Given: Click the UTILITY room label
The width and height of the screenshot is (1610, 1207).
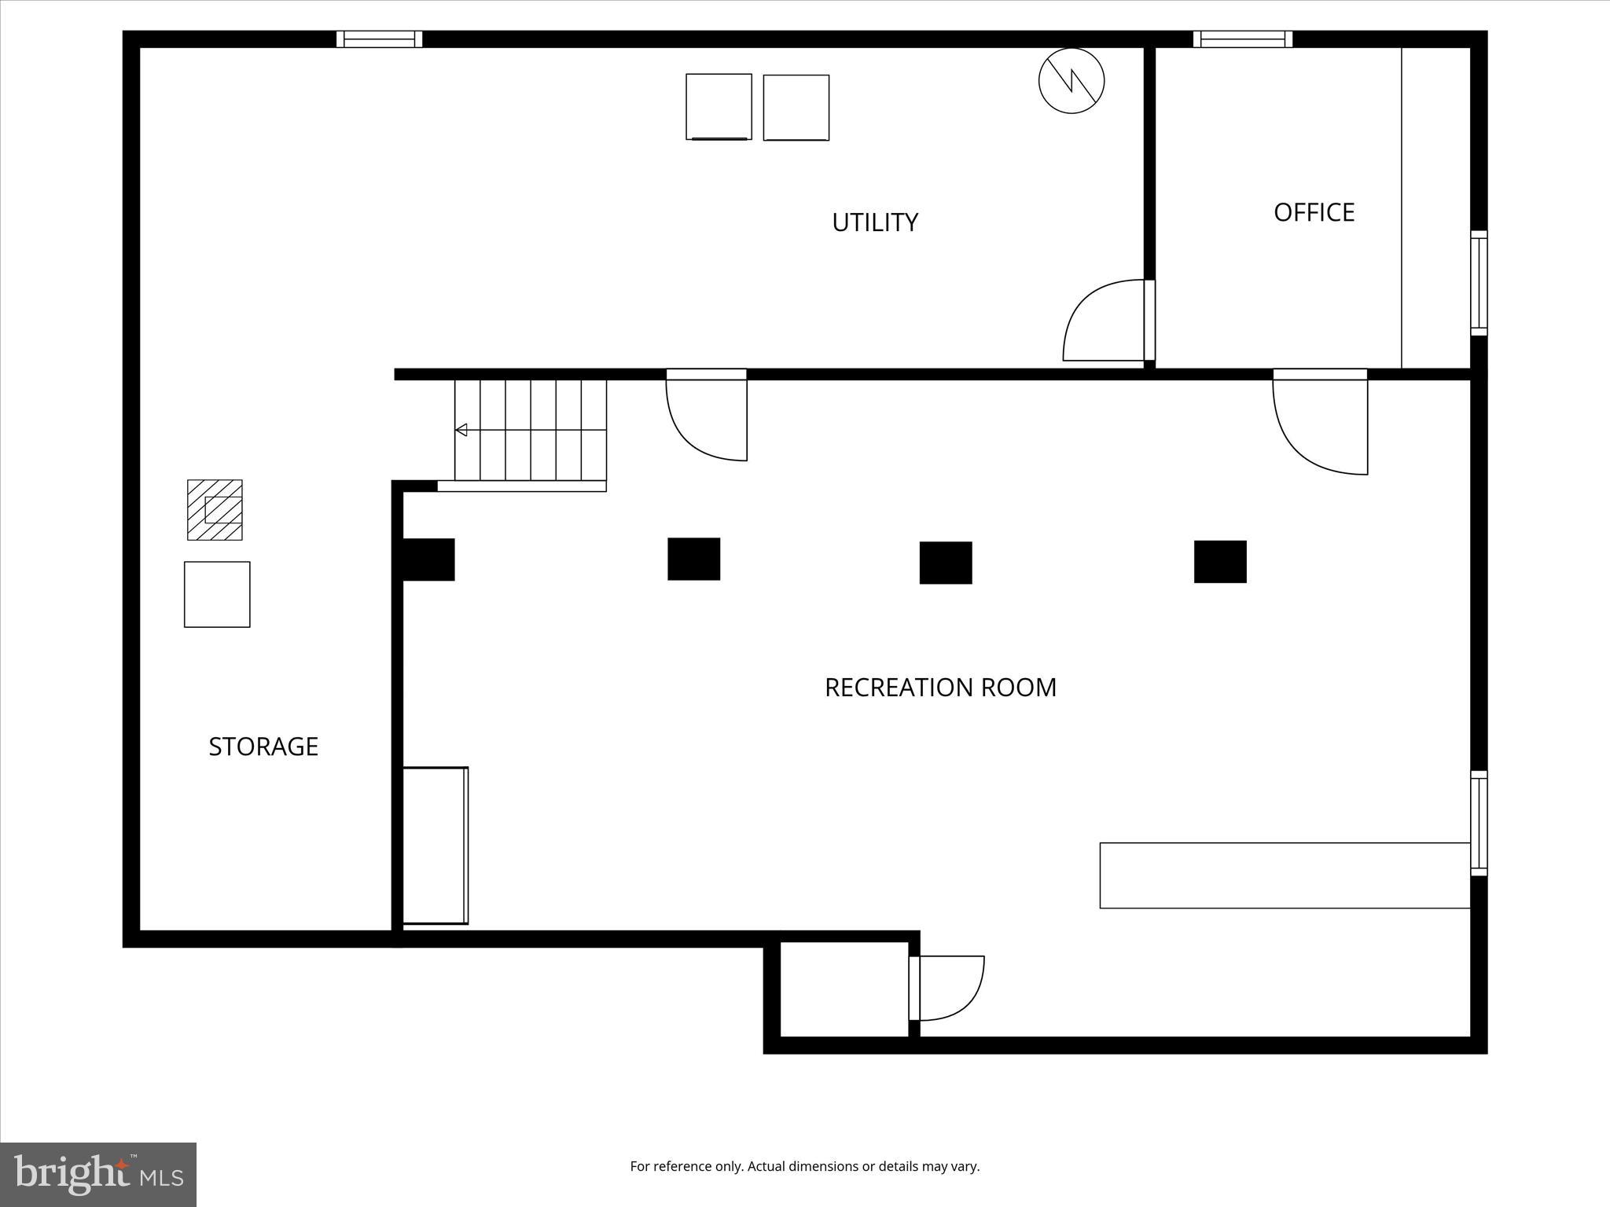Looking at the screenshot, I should pyautogui.click(x=875, y=222).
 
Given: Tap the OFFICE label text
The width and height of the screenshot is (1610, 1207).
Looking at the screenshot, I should pyautogui.click(x=1314, y=212).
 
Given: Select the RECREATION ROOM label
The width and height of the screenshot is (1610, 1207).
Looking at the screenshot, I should pyautogui.click(x=940, y=688).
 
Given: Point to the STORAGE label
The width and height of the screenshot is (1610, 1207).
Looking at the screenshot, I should pyautogui.click(x=263, y=747).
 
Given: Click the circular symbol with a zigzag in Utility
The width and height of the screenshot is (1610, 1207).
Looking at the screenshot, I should pyautogui.click(x=1071, y=80).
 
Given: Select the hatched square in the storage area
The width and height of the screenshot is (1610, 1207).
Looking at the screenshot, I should pyautogui.click(x=215, y=510).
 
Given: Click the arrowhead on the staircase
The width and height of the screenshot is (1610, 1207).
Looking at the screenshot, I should pyautogui.click(x=461, y=430).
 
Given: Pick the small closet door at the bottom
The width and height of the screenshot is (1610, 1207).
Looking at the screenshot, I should pyautogui.click(x=947, y=988).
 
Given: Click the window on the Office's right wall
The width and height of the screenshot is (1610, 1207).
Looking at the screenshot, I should pyautogui.click(x=1479, y=284).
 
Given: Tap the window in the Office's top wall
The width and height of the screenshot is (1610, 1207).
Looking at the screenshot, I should pyautogui.click(x=1242, y=39).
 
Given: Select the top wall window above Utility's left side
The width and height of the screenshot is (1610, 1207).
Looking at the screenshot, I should pyautogui.click(x=380, y=39).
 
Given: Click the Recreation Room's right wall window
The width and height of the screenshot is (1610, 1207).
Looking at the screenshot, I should pyautogui.click(x=1479, y=823).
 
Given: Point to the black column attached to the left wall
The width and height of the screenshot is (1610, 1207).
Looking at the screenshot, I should pyautogui.click(x=428, y=559).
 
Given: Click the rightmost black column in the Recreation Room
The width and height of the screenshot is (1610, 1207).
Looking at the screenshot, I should pyautogui.click(x=1220, y=562).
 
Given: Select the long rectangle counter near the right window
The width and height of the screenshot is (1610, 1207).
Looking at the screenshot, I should pyautogui.click(x=1285, y=875).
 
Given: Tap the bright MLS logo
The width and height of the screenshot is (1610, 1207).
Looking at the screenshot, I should pyautogui.click(x=98, y=1174).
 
